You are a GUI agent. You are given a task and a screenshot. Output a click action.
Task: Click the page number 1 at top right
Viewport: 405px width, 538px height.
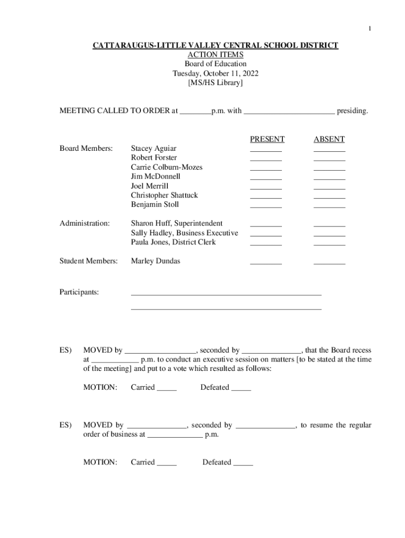pos(369,28)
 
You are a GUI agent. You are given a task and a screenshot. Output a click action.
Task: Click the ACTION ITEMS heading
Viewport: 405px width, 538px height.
pos(215,55)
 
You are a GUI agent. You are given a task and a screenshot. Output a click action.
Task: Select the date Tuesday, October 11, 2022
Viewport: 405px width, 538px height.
pos(215,74)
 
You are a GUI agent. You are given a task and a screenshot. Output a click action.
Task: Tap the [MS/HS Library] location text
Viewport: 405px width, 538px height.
pos(215,83)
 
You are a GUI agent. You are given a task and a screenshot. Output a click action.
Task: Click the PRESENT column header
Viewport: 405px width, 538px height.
pos(267,139)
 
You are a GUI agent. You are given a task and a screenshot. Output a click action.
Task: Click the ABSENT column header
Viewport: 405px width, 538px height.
pos(329,139)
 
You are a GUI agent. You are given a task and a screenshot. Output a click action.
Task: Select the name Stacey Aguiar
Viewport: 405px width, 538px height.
pos(154,149)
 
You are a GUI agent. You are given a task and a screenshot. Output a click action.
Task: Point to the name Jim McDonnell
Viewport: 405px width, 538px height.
pos(155,177)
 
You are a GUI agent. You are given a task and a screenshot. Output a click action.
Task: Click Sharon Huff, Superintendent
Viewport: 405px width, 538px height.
pos(177,224)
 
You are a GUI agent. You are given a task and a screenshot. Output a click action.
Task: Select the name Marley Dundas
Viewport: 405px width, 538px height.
pos(155,261)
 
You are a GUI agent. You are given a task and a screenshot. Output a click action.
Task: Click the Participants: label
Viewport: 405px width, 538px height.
pos(79,292)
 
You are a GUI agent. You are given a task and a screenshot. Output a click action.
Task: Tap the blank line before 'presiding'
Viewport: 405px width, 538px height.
pos(289,112)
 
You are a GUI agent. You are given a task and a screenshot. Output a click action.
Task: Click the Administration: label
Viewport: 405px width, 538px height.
pos(84,224)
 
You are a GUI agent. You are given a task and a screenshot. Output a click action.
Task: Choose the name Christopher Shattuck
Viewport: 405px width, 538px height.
pos(164,195)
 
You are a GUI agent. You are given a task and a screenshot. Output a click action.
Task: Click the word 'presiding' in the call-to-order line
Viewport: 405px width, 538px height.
pos(352,111)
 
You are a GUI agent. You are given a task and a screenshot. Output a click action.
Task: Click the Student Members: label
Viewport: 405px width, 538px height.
pos(88,261)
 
